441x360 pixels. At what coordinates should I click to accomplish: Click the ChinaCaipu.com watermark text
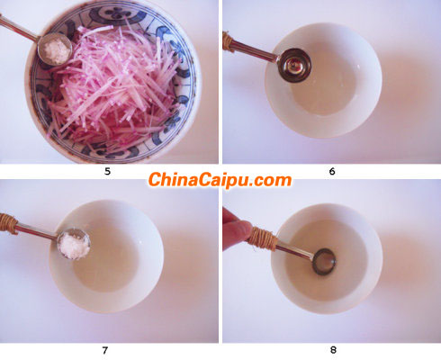[220, 180]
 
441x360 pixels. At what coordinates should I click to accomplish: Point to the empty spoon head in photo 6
[293, 65]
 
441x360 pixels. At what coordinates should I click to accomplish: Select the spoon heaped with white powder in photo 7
[73, 243]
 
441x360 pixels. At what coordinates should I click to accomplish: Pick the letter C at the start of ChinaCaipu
[156, 180]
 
